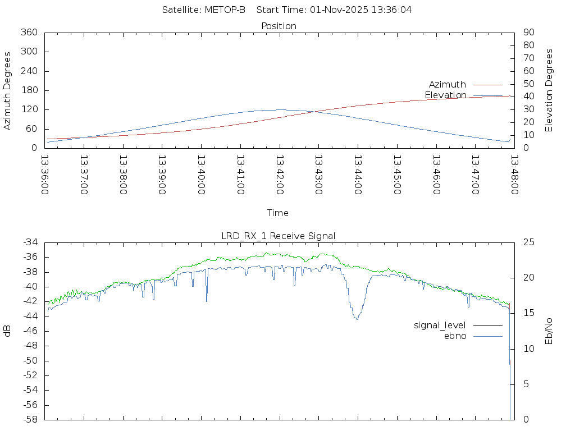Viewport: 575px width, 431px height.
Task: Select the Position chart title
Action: pyautogui.click(x=279, y=26)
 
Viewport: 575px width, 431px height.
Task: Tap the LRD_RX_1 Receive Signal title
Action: pyautogui.click(x=279, y=236)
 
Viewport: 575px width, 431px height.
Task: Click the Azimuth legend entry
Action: pyautogui.click(x=448, y=85)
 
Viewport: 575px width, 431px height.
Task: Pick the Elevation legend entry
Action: pyautogui.click(x=446, y=95)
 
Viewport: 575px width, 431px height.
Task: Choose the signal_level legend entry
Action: pyautogui.click(x=440, y=325)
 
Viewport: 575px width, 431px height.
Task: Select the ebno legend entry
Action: pyautogui.click(x=455, y=336)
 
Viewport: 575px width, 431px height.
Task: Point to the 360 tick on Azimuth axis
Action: pyautogui.click(x=29, y=33)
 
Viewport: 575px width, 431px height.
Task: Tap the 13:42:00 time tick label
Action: pyautogui.click(x=280, y=175)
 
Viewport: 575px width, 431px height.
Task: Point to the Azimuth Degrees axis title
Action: pyautogui.click(x=8, y=90)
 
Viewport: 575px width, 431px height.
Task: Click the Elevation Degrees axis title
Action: pyautogui.click(x=550, y=90)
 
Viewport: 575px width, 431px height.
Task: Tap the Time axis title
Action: pyautogui.click(x=278, y=213)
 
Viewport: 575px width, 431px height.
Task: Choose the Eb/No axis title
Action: pyautogui.click(x=550, y=331)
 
